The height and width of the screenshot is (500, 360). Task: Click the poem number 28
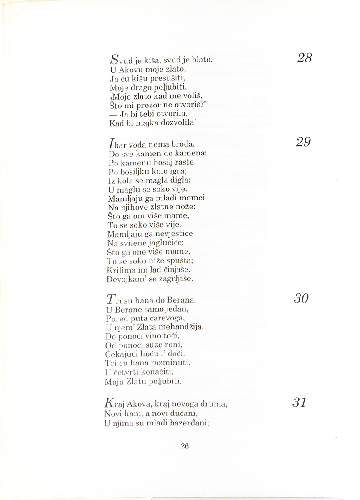(x=305, y=58)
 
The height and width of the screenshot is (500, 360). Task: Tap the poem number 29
(x=304, y=142)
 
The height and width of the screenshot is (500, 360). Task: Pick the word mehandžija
(x=171, y=327)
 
